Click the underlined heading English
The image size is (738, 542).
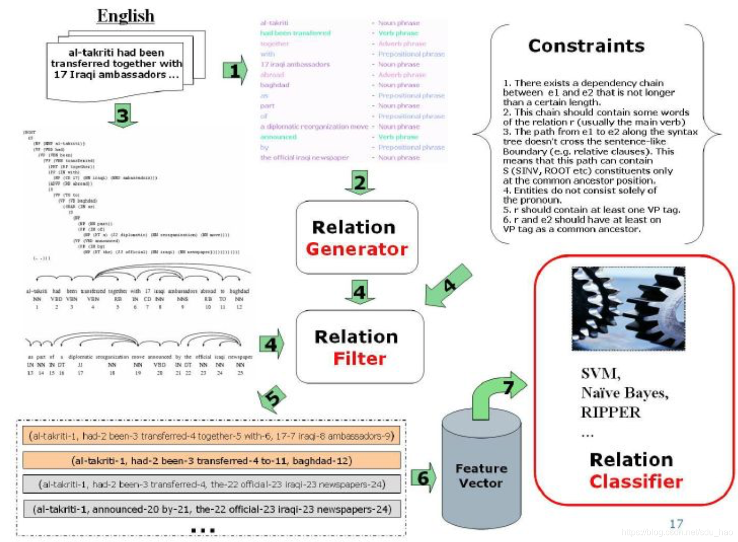click(x=126, y=16)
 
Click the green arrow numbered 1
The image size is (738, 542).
click(x=235, y=70)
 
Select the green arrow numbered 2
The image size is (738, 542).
click(x=359, y=183)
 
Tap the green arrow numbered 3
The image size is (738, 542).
click(x=123, y=115)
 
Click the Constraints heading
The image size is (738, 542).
click(x=586, y=46)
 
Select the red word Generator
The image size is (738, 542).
click(x=357, y=249)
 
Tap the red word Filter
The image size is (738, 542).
click(x=359, y=358)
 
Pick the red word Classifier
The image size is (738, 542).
click(x=636, y=481)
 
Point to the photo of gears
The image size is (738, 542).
click(x=628, y=309)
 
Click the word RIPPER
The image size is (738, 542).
click(x=610, y=412)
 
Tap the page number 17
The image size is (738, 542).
click(x=676, y=523)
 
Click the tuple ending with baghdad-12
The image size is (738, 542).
click(x=211, y=461)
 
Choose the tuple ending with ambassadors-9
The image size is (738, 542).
click(x=211, y=435)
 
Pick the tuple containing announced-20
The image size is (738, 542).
click(x=211, y=509)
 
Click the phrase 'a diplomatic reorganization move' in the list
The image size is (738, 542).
click(x=314, y=127)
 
